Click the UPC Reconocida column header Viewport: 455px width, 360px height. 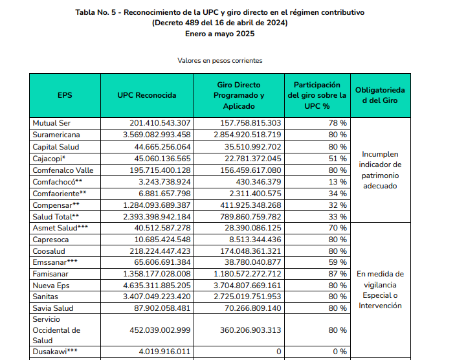147,95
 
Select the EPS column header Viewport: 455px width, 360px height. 65,95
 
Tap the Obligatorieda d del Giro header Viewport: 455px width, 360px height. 381,95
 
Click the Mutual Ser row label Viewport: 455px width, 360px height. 52,122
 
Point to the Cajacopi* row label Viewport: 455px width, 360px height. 50,158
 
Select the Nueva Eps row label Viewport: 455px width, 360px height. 52,285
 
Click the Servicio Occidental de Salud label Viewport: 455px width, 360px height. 56,330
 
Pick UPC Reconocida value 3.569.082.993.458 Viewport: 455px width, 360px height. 157,135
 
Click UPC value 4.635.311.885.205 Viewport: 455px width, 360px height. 157,285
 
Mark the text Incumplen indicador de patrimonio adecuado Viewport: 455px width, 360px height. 381,170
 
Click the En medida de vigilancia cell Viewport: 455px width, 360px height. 381,289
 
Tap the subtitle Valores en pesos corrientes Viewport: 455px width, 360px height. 219,60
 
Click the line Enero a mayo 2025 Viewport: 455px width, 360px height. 219,34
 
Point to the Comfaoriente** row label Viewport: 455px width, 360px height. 60,193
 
